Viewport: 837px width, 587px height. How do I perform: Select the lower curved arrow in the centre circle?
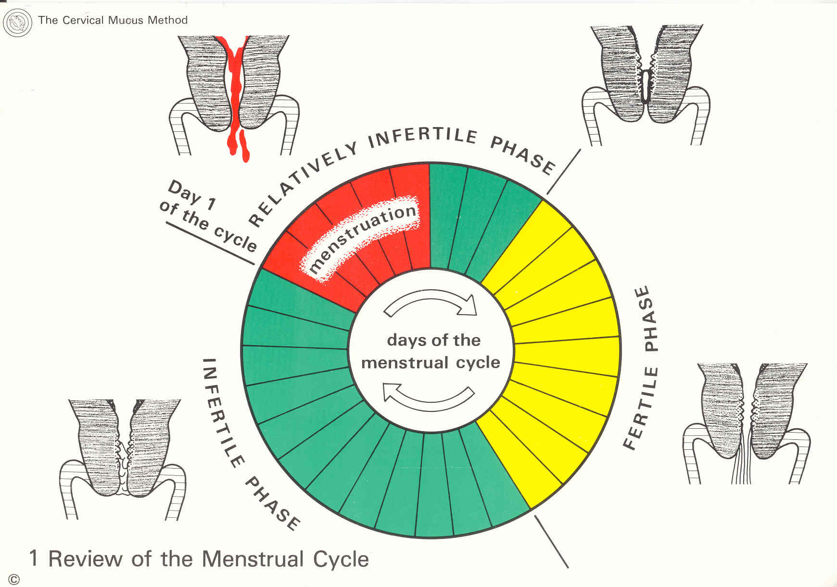tap(428, 397)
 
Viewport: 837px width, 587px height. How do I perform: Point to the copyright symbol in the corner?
tap(14, 579)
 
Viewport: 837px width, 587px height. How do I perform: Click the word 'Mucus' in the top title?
tap(126, 20)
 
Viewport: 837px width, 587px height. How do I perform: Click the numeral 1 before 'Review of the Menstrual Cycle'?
tap(33, 559)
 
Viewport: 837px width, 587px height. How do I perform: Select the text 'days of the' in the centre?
tap(433, 340)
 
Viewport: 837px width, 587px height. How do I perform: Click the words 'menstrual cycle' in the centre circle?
tap(431, 362)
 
